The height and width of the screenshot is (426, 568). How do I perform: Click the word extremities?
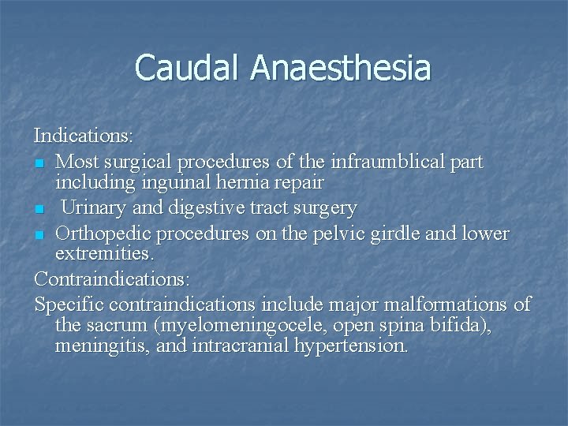[103, 256]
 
